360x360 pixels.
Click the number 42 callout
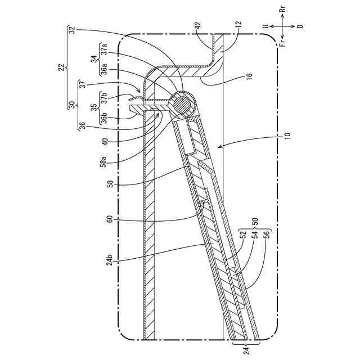(197, 25)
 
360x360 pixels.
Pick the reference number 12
(238, 25)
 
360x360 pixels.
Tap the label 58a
(103, 163)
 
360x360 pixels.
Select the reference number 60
(110, 219)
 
